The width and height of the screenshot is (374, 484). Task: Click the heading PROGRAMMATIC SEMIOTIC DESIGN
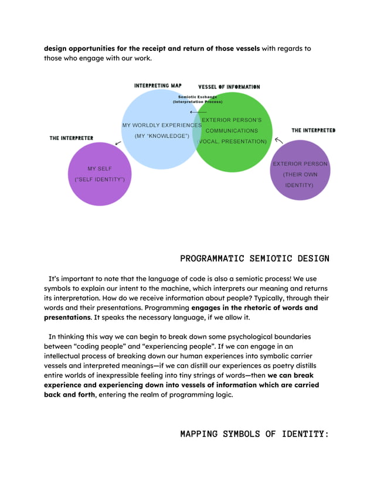click(x=254, y=258)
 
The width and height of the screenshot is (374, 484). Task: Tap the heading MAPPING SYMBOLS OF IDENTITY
click(x=254, y=434)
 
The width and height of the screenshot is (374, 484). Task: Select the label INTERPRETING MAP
click(x=158, y=86)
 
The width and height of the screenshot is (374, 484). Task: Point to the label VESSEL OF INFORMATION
click(x=229, y=87)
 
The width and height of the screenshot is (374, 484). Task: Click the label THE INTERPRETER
click(x=71, y=138)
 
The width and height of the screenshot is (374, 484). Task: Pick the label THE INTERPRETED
click(x=314, y=130)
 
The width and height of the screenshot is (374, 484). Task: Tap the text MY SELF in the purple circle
click(x=100, y=169)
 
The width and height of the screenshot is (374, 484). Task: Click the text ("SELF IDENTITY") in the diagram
click(x=100, y=179)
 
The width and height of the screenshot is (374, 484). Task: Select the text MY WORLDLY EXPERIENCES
click(x=162, y=125)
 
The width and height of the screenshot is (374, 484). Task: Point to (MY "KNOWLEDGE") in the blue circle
click(x=162, y=136)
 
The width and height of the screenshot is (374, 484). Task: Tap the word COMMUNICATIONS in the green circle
click(x=232, y=131)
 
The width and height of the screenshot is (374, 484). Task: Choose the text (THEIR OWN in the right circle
click(x=300, y=175)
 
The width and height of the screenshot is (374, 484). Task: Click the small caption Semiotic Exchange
click(x=197, y=97)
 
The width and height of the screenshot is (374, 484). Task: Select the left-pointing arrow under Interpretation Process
click(x=198, y=111)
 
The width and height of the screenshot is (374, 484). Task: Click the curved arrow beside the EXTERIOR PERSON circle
click(x=279, y=141)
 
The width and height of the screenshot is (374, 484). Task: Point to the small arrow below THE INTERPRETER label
click(x=118, y=143)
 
